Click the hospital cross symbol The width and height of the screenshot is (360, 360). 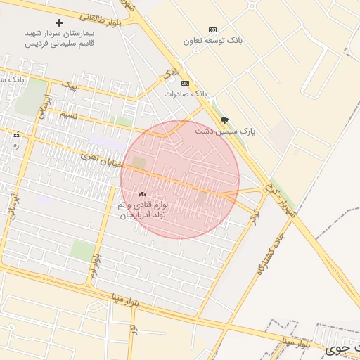(x=59, y=22)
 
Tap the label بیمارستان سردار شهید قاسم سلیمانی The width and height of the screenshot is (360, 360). (x=60, y=38)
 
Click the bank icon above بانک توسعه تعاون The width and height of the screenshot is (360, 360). (x=212, y=30)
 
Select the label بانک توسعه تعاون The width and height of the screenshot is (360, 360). (x=213, y=41)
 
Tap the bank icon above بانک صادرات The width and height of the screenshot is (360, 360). (x=185, y=83)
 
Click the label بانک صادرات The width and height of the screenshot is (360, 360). (x=186, y=94)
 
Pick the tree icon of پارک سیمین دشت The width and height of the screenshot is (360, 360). (x=224, y=120)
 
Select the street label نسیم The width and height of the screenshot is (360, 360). (x=67, y=114)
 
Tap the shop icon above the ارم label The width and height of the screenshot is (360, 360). (x=16, y=134)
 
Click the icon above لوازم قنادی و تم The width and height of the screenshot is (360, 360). (x=142, y=194)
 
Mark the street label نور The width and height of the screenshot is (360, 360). (x=133, y=329)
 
